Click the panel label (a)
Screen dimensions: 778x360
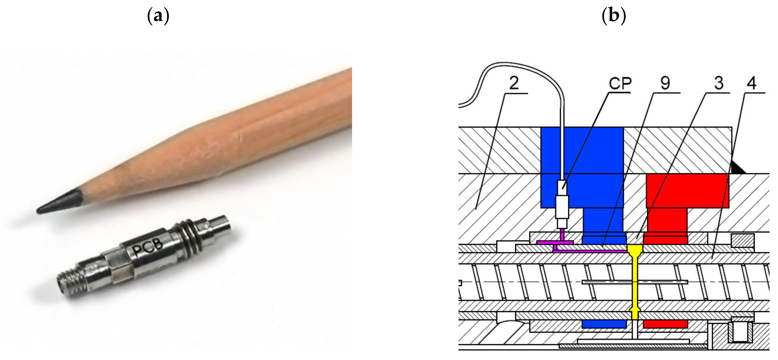point(158,16)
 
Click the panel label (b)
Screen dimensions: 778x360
point(614,16)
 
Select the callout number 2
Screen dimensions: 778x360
point(514,83)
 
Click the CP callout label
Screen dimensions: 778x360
point(620,83)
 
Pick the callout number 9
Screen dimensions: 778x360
point(665,83)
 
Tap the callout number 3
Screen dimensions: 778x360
point(719,83)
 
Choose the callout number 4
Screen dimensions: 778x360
point(752,83)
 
